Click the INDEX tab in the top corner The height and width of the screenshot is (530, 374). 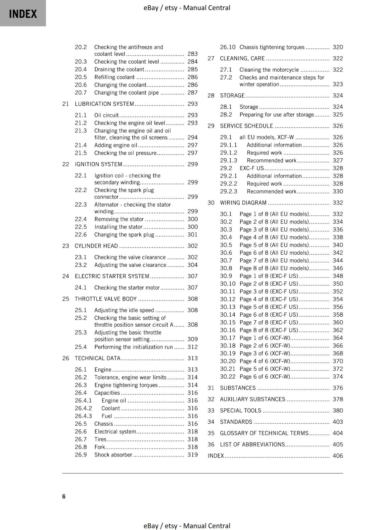coord(23,14)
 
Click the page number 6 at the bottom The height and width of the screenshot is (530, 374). coord(64,496)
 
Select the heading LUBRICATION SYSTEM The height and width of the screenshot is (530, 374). coord(104,104)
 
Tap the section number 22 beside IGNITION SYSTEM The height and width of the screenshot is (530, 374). coord(66,164)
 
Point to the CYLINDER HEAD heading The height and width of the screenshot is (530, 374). coord(96,246)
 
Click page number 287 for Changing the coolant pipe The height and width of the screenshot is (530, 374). coord(192,93)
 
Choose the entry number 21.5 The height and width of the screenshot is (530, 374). coord(81,153)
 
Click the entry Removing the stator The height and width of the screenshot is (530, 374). coord(119,219)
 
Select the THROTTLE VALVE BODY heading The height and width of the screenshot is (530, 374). coord(106,299)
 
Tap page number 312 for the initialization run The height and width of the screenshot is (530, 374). coord(192,347)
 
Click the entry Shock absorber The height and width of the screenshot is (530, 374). coord(113,455)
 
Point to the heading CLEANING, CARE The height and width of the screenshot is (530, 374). coord(242,59)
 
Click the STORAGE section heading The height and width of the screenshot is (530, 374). coord(232,96)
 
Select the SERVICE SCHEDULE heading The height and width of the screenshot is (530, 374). coord(247,126)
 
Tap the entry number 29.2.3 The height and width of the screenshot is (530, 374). coord(229,191)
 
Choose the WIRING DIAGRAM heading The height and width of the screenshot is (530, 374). coord(243,203)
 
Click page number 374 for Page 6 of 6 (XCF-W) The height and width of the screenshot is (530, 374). coord(338,377)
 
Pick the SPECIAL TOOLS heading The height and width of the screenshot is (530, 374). coord(241,411)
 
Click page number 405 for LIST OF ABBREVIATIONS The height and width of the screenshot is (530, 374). coord(338,445)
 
